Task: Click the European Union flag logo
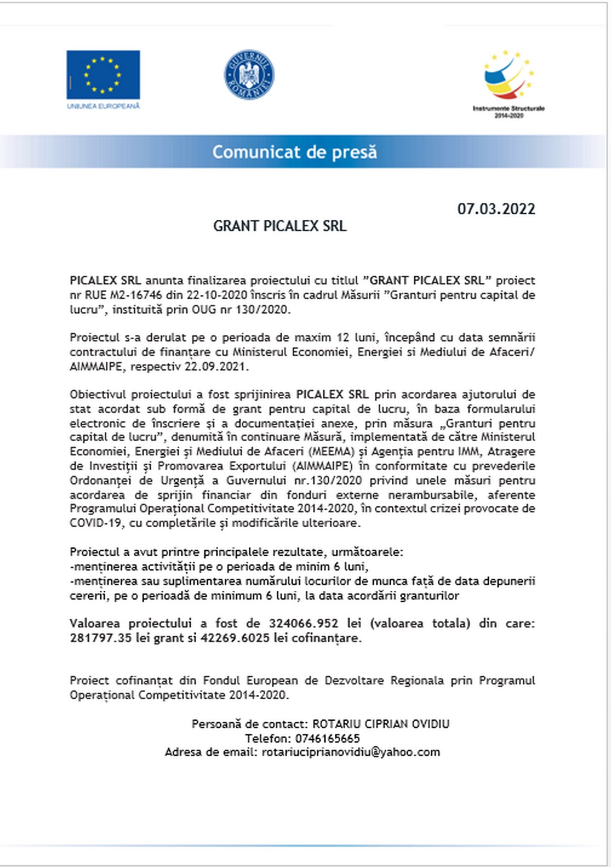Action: pos(103,75)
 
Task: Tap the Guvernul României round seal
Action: pos(249,75)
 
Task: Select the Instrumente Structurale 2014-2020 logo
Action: pos(509,83)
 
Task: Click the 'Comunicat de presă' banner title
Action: pos(294,152)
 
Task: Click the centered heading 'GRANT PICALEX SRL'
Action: pos(280,226)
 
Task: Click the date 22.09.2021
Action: pos(216,366)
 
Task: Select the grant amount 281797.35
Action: pos(99,638)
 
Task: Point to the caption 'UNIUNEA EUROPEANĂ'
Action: pos(103,106)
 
